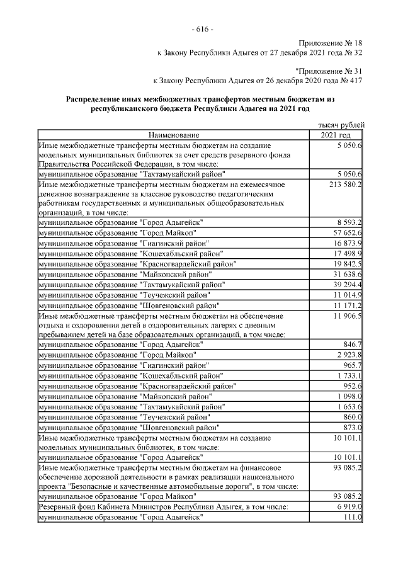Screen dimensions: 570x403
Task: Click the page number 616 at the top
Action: coord(201,30)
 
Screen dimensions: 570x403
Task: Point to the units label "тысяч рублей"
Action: coord(343,125)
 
